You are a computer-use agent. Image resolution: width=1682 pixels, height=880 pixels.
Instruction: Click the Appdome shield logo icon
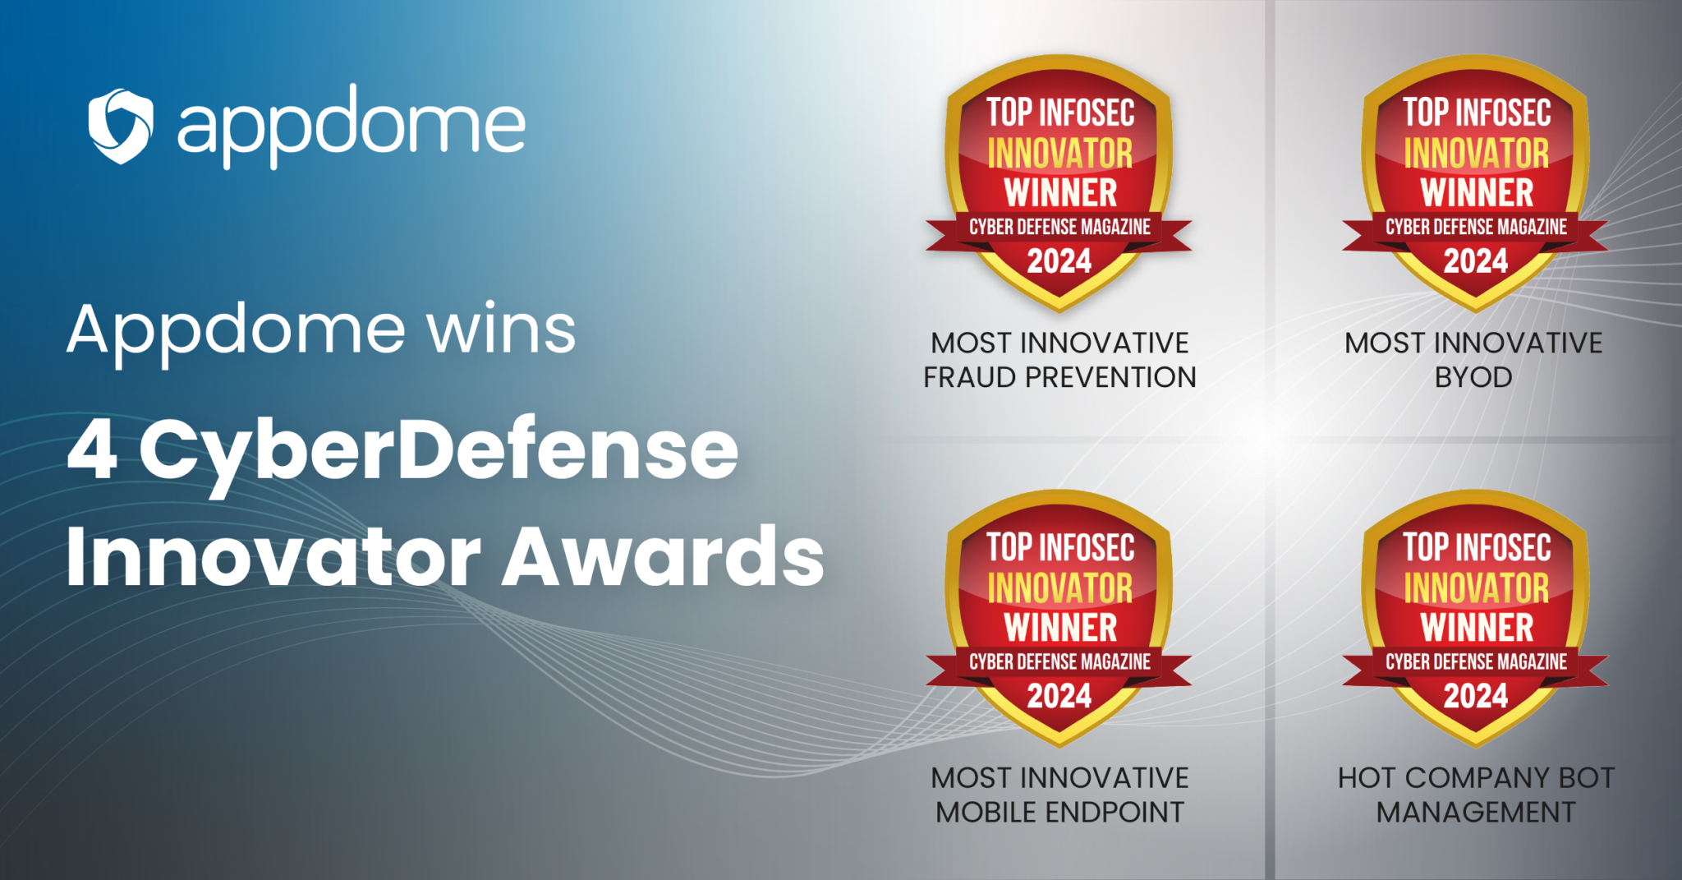(121, 126)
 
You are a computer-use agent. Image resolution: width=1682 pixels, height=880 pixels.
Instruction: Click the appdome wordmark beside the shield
(352, 126)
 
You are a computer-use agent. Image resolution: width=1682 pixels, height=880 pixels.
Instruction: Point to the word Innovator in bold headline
(273, 556)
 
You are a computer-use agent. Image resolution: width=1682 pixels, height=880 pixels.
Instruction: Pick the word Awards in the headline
(663, 556)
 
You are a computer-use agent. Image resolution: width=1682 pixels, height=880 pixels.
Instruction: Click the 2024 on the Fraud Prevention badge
(1059, 261)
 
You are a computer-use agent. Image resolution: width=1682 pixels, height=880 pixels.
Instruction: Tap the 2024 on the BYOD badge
(1476, 261)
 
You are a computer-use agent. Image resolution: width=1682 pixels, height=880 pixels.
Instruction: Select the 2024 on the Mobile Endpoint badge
(1059, 696)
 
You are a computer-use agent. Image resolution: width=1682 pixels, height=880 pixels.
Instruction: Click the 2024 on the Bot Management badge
(1476, 696)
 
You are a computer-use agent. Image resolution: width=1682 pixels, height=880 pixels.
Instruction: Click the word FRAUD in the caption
(972, 377)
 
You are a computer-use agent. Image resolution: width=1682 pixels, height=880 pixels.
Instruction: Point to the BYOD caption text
(1473, 377)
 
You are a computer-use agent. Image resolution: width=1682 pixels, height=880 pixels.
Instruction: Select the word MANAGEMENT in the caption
(1476, 812)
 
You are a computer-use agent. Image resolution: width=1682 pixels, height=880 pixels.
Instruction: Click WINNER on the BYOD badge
(1477, 192)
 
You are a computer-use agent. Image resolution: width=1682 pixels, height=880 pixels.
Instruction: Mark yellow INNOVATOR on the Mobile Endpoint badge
(1059, 588)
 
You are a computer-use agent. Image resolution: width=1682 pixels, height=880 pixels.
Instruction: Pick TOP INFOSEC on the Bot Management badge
(1477, 547)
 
